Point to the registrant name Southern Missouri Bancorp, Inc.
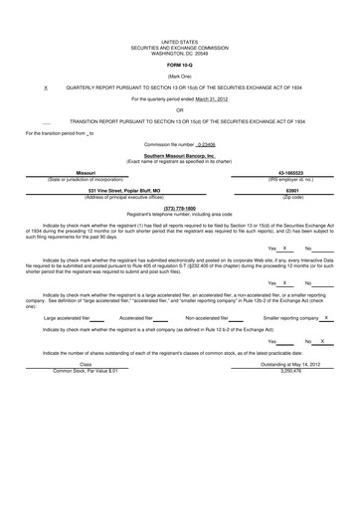179,156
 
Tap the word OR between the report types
179,109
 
